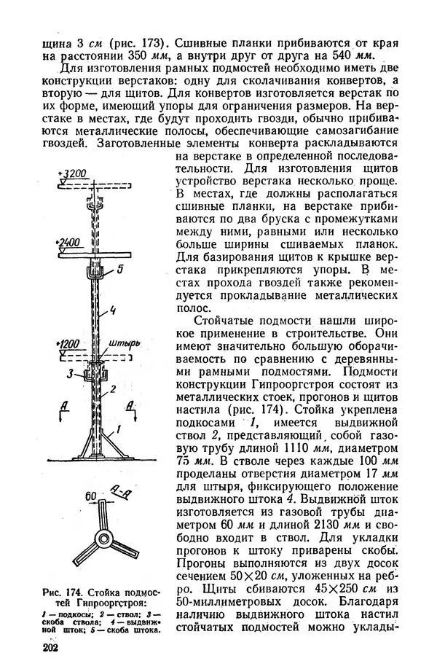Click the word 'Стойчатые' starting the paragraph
tap(226, 324)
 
